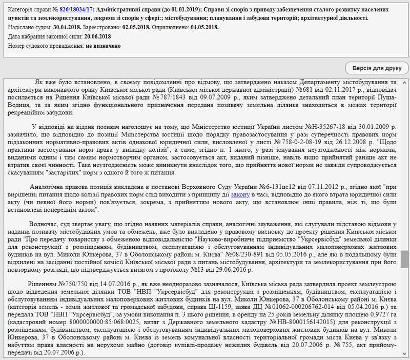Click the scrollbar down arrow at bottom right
tap(405, 355)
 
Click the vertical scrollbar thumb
tap(405, 259)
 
